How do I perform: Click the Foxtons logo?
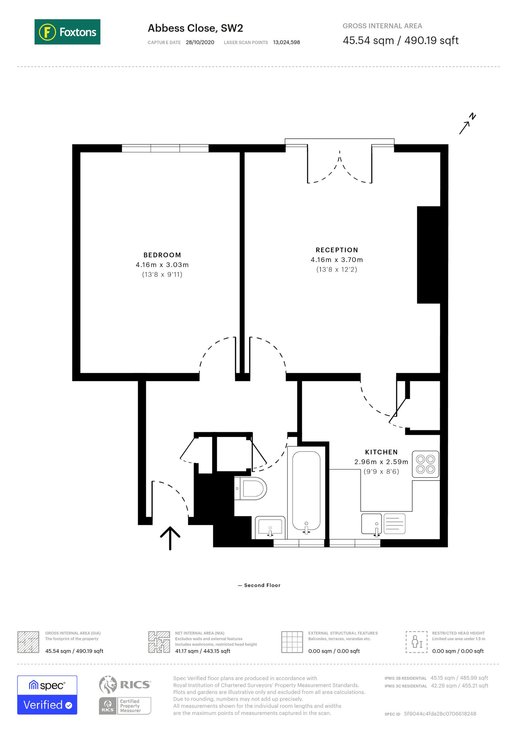[67, 32]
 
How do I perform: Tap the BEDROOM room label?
[162, 255]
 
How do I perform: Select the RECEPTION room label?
[337, 250]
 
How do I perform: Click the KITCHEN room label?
[381, 452]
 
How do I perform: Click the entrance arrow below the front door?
[170, 538]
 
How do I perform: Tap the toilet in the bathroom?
[250, 488]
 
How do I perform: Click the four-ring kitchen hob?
[426, 464]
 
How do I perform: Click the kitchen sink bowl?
[371, 524]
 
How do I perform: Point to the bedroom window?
[165, 148]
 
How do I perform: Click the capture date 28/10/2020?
[200, 42]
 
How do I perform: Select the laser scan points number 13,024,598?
[286, 42]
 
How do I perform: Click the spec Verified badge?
[47, 695]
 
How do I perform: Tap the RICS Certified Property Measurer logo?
[125, 695]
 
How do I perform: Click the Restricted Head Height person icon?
[416, 642]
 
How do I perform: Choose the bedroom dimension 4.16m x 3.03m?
[162, 265]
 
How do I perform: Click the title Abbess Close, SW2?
[195, 28]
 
